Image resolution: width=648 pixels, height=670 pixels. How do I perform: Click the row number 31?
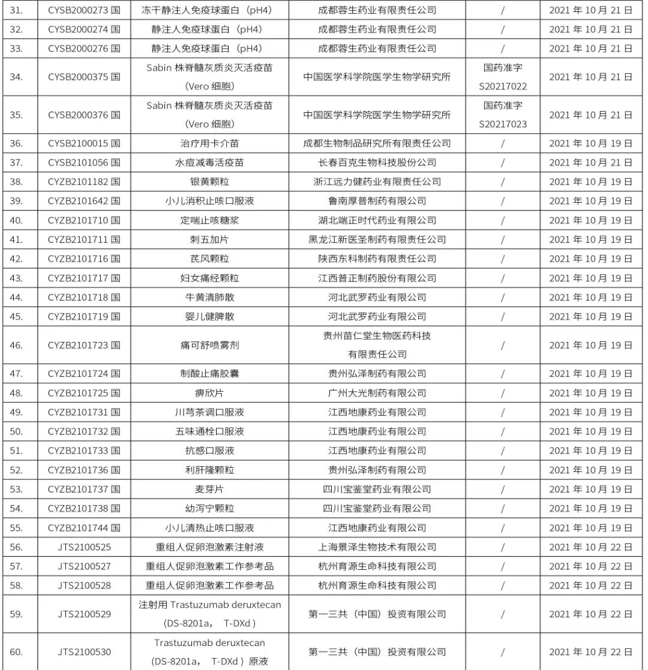(x=16, y=10)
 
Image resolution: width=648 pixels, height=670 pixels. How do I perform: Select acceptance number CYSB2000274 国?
(x=84, y=29)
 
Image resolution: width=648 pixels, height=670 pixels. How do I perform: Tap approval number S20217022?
(x=503, y=87)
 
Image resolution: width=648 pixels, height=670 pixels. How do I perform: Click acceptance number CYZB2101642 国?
(x=84, y=201)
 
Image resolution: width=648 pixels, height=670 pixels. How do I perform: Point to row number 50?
(x=16, y=431)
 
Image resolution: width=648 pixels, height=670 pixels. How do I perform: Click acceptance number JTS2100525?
(x=84, y=547)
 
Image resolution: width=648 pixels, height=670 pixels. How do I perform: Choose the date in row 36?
(x=590, y=143)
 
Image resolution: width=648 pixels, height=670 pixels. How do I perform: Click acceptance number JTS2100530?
(x=84, y=652)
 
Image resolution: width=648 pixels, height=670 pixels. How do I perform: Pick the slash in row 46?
(x=503, y=345)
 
